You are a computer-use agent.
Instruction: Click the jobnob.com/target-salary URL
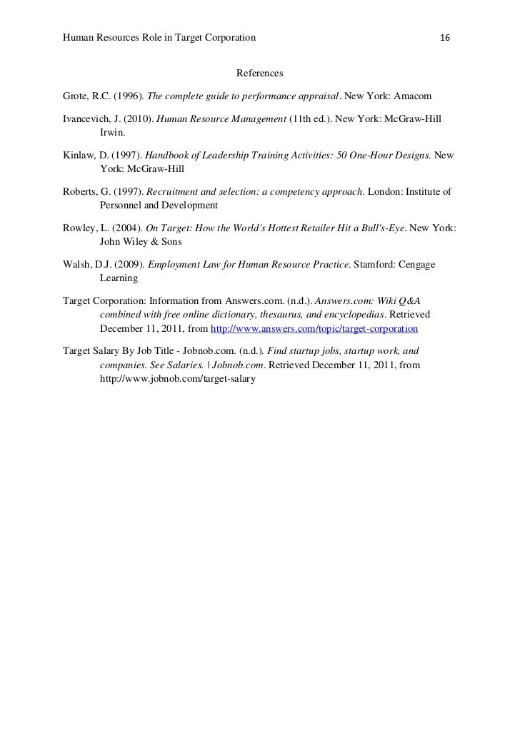point(177,379)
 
